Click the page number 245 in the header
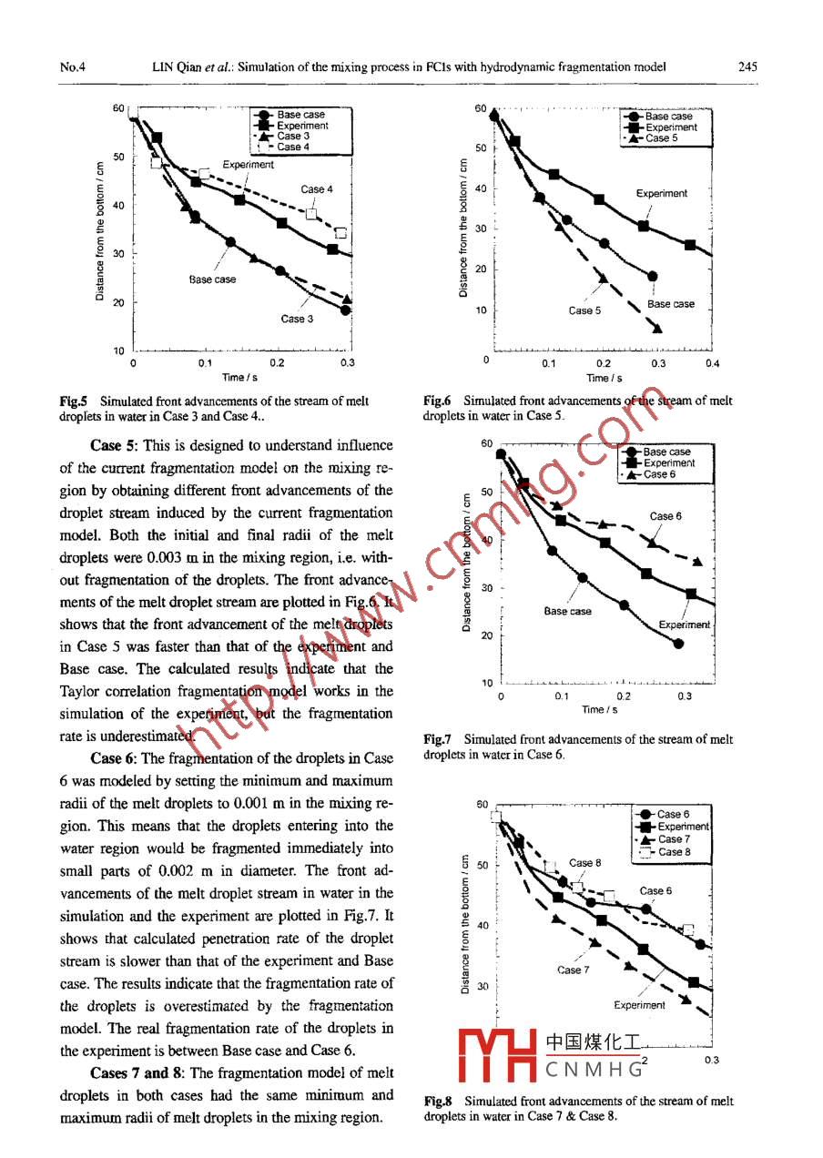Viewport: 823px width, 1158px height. (x=749, y=66)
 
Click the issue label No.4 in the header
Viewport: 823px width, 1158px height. (x=72, y=66)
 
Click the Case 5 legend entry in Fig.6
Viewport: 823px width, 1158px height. (x=661, y=138)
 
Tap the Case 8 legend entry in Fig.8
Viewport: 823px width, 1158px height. (x=674, y=852)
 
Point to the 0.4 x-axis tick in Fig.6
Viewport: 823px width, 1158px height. (x=712, y=363)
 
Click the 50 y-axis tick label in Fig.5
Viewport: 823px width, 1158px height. (x=117, y=157)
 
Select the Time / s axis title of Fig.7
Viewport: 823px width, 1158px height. (x=600, y=710)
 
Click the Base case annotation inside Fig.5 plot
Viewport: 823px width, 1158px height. (x=212, y=279)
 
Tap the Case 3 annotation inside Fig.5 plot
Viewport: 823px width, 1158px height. (x=297, y=319)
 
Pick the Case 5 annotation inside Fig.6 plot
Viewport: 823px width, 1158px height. (x=584, y=310)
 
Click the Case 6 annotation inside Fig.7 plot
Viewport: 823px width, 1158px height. (x=663, y=516)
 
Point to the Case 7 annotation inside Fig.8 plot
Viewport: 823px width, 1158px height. (x=574, y=970)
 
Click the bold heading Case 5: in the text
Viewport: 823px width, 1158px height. (x=117, y=446)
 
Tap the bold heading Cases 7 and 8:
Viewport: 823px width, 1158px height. (x=138, y=1072)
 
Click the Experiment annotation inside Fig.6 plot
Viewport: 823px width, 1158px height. (x=662, y=193)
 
